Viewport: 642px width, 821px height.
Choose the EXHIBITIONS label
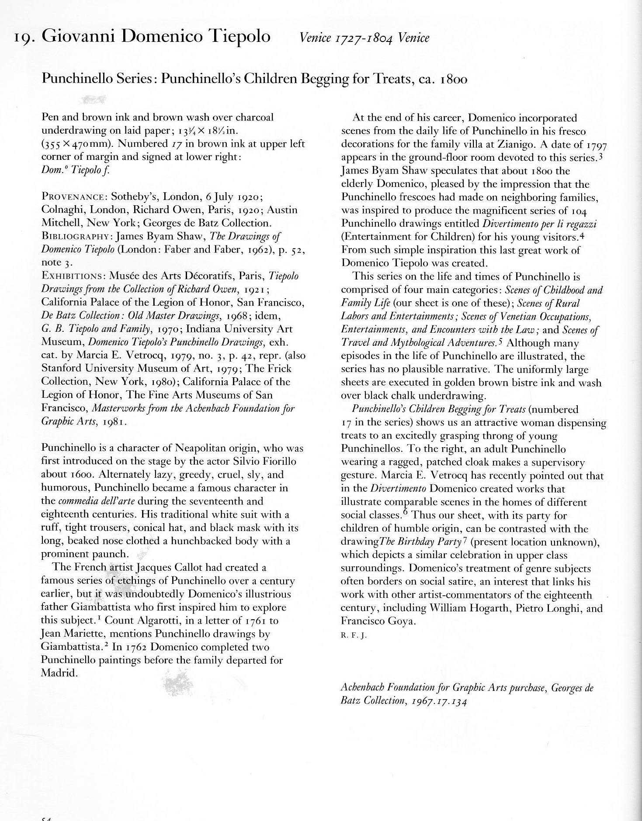[x=73, y=276]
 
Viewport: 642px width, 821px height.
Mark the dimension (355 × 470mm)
[x=77, y=144]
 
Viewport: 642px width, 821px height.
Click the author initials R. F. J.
[x=354, y=635]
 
